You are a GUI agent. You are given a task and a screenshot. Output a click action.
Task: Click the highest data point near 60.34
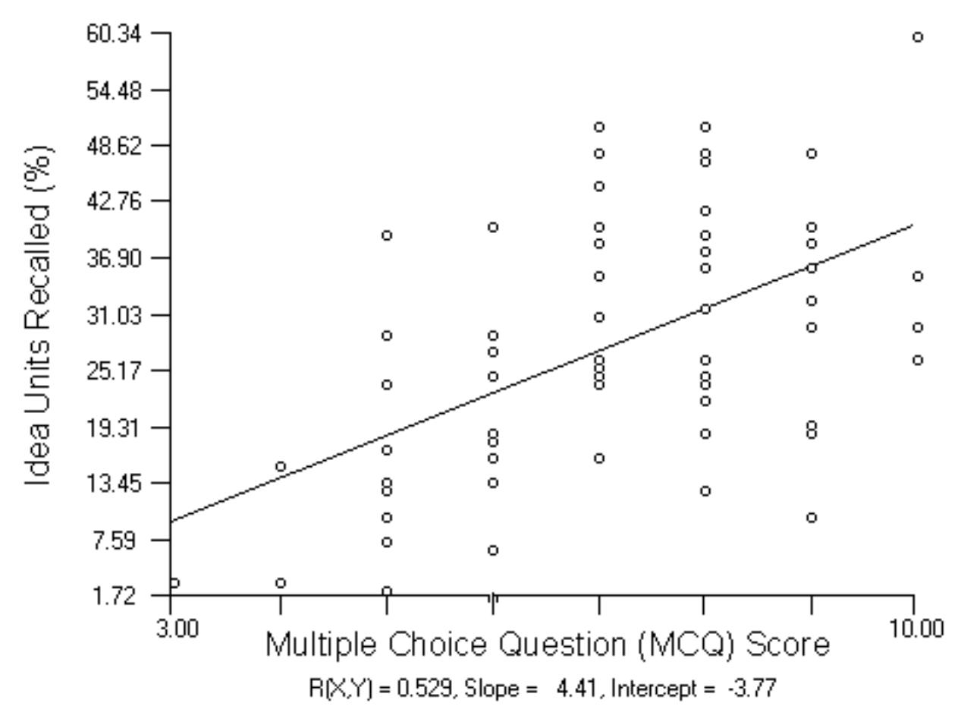click(918, 37)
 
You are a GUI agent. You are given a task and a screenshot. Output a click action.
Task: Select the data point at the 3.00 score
click(174, 583)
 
